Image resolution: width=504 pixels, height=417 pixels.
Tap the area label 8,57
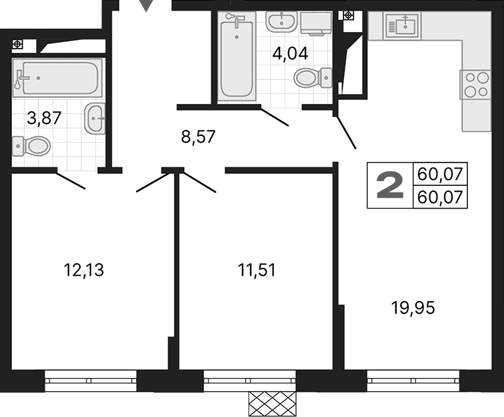199,137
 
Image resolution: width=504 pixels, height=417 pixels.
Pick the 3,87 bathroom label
44,119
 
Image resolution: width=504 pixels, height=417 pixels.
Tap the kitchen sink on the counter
405,26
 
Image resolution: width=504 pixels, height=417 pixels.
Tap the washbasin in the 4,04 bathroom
281,21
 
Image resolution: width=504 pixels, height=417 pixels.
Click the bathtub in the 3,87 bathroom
57,78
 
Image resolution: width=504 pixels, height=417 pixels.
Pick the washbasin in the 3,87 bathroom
95,119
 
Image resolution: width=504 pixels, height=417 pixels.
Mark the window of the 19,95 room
413,382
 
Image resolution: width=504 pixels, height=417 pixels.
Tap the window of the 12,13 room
91,382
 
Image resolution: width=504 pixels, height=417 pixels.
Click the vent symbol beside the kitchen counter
348,15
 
